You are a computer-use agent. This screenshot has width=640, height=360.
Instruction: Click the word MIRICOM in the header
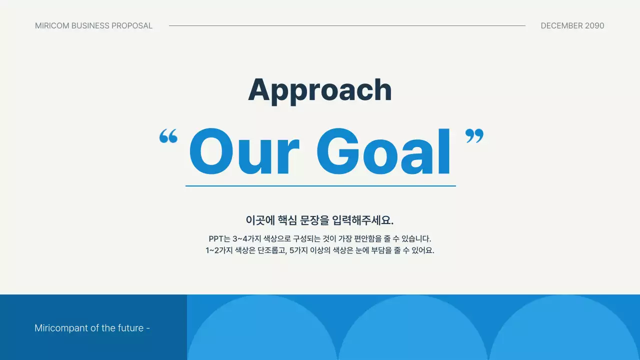[52, 25]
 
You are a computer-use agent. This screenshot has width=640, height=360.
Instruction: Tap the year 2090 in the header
[594, 25]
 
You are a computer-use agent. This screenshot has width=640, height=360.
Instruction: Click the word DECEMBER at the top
[561, 25]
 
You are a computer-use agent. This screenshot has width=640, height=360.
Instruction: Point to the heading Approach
[319, 90]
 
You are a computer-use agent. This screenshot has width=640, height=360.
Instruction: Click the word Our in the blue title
[244, 151]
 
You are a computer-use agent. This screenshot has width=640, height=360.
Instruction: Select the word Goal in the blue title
[383, 151]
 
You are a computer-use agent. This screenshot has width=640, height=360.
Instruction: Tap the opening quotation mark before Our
[168, 136]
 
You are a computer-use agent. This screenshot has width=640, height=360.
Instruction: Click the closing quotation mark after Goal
[474, 136]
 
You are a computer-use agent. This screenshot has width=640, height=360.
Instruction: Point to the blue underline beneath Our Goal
[320, 185]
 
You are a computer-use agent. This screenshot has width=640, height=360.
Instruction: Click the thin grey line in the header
[347, 25]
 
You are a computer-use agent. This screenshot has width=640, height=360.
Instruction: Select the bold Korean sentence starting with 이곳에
[319, 220]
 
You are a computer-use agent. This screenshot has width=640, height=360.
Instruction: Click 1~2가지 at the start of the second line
[219, 250]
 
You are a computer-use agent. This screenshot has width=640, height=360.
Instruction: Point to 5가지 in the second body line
[300, 250]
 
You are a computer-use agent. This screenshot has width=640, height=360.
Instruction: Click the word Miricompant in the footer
[60, 328]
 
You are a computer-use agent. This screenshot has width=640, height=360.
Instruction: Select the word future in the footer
[130, 328]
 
